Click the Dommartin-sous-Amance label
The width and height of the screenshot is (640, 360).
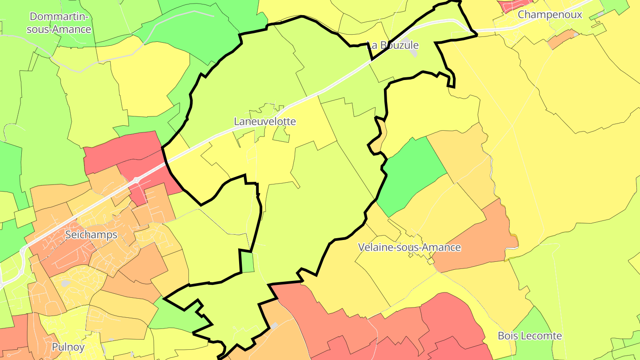[x=59, y=23]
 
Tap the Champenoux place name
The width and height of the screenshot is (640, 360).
[x=550, y=15]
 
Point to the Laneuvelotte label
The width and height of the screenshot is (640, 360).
[x=265, y=121]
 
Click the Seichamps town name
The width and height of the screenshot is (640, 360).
[x=91, y=235]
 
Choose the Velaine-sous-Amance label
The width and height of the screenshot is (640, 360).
[x=409, y=247]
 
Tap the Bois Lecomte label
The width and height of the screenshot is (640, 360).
[x=530, y=336]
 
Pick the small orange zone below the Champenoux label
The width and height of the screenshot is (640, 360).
[x=561, y=40]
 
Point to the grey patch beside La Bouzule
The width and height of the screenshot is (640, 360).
[x=413, y=50]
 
